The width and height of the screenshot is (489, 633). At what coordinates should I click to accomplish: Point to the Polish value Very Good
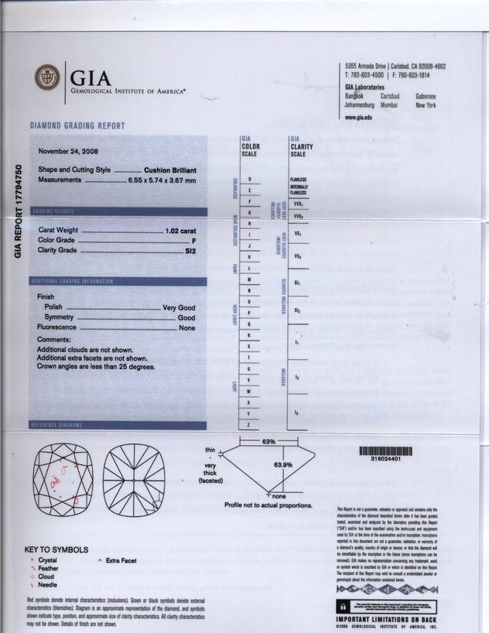[179, 307]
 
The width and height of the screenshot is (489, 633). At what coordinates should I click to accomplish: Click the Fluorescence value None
[187, 328]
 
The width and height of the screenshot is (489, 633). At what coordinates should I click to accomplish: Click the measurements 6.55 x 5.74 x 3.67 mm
[162, 180]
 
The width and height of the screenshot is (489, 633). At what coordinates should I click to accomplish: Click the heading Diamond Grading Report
[77, 125]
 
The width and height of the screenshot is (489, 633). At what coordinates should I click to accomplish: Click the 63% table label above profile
[268, 440]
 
